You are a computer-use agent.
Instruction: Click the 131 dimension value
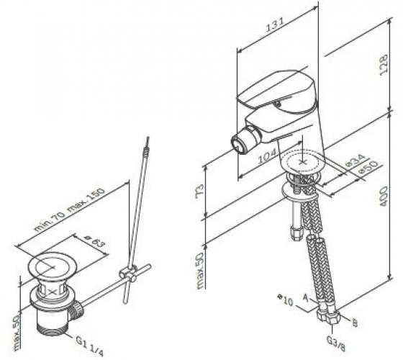click(275, 24)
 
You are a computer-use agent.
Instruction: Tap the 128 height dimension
click(384, 65)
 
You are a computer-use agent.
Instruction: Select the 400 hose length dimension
click(383, 196)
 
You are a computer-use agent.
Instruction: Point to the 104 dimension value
click(267, 156)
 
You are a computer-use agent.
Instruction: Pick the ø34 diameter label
click(356, 161)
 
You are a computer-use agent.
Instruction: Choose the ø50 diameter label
click(368, 167)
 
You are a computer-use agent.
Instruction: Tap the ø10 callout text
click(285, 300)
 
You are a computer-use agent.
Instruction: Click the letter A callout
click(306, 297)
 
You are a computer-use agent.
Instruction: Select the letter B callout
click(355, 323)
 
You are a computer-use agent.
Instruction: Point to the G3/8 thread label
click(335, 343)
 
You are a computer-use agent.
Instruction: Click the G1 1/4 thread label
click(89, 346)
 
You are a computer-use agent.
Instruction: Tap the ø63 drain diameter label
click(94, 242)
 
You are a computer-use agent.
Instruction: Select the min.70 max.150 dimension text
click(70, 210)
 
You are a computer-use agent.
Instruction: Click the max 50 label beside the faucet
click(200, 271)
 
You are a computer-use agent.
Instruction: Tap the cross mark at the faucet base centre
click(303, 162)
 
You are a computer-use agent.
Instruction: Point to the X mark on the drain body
click(53, 292)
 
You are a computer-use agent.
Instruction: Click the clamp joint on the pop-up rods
click(128, 274)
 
